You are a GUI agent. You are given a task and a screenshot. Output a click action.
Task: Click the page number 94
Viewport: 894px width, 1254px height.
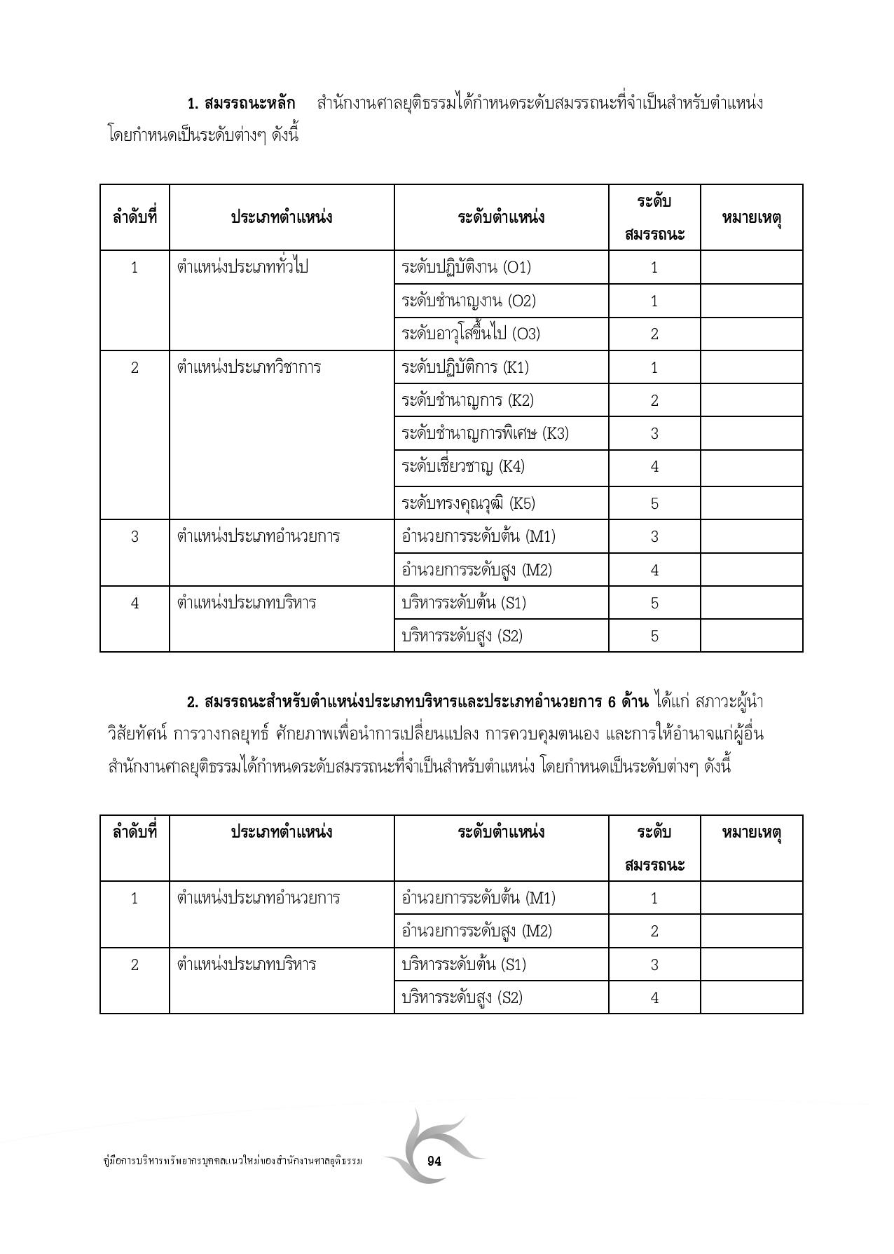tap(434, 1161)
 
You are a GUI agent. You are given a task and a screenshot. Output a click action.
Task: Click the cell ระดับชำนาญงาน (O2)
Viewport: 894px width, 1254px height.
tap(468, 301)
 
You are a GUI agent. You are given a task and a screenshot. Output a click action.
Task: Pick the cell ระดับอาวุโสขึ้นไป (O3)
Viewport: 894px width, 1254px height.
tap(471, 334)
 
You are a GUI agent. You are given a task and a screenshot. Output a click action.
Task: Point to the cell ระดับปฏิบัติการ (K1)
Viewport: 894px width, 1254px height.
tap(465, 367)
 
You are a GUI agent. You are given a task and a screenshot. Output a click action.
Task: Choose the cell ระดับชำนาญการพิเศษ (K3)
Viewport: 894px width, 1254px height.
tap(485, 433)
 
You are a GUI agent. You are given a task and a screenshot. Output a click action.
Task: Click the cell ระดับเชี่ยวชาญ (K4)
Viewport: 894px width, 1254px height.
tap(462, 467)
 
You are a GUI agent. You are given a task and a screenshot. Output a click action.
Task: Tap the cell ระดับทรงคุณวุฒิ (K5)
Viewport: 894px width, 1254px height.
tap(468, 503)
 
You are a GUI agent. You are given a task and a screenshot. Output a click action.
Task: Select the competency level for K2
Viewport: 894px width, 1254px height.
tap(654, 400)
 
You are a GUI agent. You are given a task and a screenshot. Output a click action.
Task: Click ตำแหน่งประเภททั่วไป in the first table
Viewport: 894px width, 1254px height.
tap(242, 267)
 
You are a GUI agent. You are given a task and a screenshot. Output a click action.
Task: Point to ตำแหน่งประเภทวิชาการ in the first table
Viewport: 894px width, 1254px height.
tap(249, 367)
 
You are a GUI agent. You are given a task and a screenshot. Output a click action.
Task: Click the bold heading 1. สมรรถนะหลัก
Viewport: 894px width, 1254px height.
tap(242, 104)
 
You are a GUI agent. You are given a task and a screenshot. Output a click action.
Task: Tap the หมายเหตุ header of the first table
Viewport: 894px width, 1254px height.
tap(751, 217)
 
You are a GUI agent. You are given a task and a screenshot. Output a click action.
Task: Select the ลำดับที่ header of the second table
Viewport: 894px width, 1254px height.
tap(135, 832)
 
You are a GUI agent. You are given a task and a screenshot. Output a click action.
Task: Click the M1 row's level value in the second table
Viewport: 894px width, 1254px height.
tap(654, 898)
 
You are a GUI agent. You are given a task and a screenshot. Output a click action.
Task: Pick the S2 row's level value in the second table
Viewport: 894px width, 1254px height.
tap(654, 997)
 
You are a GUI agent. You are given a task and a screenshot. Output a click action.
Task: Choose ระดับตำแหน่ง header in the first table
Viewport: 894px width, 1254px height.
tap(501, 217)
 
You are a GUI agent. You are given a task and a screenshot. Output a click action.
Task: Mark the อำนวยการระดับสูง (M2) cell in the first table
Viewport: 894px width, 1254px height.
tap(476, 570)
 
